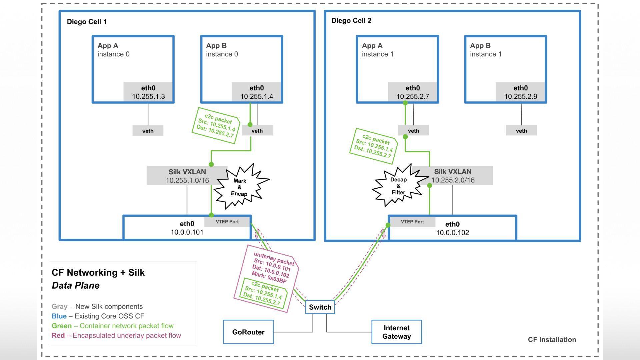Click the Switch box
tap(320, 307)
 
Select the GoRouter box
tap(248, 332)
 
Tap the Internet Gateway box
tap(396, 332)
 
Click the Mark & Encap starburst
tap(240, 187)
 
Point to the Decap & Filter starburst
tap(398, 186)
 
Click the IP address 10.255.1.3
tap(148, 97)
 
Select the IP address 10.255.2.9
tap(521, 97)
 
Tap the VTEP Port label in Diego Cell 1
tap(227, 222)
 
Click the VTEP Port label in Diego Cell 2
tap(412, 222)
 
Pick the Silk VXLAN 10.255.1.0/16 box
tap(187, 176)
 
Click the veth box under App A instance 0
tap(148, 131)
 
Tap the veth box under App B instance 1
tap(521, 131)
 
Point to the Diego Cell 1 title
tap(87, 22)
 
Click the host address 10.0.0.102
tap(452, 233)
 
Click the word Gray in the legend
tap(59, 307)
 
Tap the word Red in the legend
tap(58, 336)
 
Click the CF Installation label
tap(552, 340)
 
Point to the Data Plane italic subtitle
tap(76, 286)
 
